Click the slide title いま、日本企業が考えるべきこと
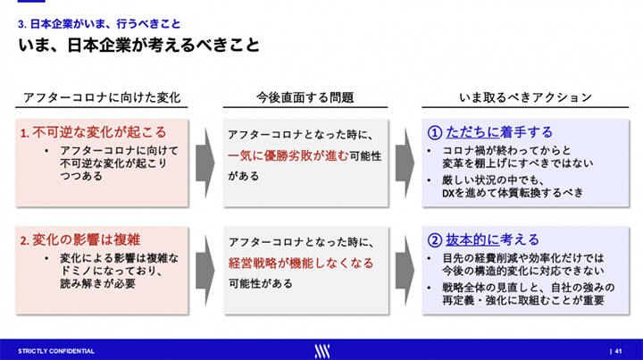pyautogui.click(x=140, y=45)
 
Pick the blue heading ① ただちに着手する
pyautogui.click(x=483, y=131)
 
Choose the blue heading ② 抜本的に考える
pyautogui.click(x=483, y=239)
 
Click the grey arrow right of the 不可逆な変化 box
pyautogui.click(x=205, y=160)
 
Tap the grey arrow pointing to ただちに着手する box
pyautogui.click(x=405, y=160)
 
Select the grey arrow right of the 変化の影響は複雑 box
pyautogui.click(x=205, y=268)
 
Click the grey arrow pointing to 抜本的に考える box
pyautogui.click(x=405, y=268)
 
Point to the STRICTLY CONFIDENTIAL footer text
pyautogui.click(x=56, y=348)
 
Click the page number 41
pyautogui.click(x=618, y=348)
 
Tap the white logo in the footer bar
pyautogui.click(x=321, y=348)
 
